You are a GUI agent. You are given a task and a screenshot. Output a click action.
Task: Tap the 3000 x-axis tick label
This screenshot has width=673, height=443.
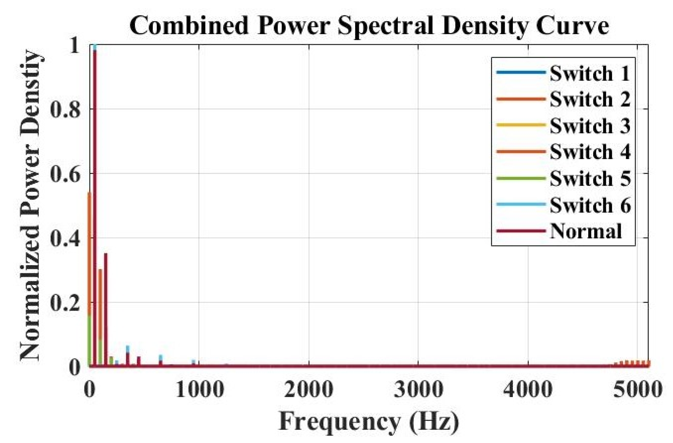tap(419, 390)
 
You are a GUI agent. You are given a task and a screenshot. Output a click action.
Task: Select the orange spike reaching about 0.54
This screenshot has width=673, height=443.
tap(89, 255)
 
